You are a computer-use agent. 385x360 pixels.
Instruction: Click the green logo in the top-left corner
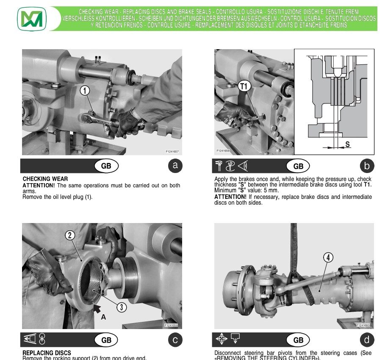(32, 19)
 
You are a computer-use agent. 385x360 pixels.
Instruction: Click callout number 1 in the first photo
(85, 90)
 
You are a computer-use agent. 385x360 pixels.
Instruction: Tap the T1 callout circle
(244, 86)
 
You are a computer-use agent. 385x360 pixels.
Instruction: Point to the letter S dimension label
(347, 145)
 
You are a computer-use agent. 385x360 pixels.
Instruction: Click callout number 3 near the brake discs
(122, 307)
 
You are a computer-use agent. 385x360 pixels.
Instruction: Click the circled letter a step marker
(175, 166)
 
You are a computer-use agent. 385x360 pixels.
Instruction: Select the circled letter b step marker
(367, 166)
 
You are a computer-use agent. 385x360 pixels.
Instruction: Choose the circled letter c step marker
(175, 340)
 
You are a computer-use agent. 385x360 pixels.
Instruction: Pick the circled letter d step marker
(367, 340)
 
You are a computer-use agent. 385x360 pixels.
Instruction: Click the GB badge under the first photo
(106, 166)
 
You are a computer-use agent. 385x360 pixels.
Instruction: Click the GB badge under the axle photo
(298, 340)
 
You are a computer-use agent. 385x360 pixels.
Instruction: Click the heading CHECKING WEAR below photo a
(45, 179)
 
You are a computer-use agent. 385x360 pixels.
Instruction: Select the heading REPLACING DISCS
(47, 353)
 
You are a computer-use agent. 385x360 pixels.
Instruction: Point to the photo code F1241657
(172, 151)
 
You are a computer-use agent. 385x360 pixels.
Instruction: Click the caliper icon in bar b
(219, 166)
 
